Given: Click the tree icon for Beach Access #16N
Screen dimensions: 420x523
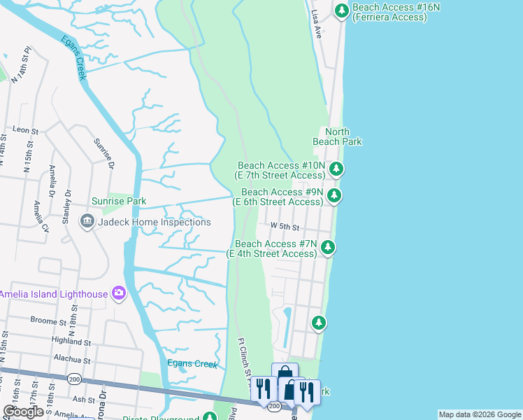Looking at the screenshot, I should click(341, 10).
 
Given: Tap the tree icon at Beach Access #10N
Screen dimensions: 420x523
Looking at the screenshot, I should click(336, 168).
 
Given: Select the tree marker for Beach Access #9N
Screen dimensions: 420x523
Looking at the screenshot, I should click(334, 195).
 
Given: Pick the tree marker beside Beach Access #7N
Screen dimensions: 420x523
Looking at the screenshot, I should click(327, 247).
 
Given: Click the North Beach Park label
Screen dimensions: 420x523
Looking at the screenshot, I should click(337, 136).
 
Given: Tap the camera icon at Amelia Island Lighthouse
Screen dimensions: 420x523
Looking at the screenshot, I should click(118, 293).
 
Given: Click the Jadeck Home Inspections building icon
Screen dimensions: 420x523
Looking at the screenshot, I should click(87, 222).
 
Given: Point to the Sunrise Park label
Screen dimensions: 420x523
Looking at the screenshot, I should click(122, 201).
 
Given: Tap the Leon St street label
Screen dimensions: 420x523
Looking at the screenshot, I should click(25, 130).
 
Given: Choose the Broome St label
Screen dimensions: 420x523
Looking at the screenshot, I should click(48, 320).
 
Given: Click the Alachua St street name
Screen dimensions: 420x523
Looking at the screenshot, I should click(73, 360).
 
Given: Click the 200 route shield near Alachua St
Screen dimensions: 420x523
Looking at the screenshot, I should click(74, 379).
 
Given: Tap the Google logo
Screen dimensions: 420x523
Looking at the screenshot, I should click(24, 412).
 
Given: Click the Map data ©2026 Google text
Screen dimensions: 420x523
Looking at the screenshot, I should click(479, 414).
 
